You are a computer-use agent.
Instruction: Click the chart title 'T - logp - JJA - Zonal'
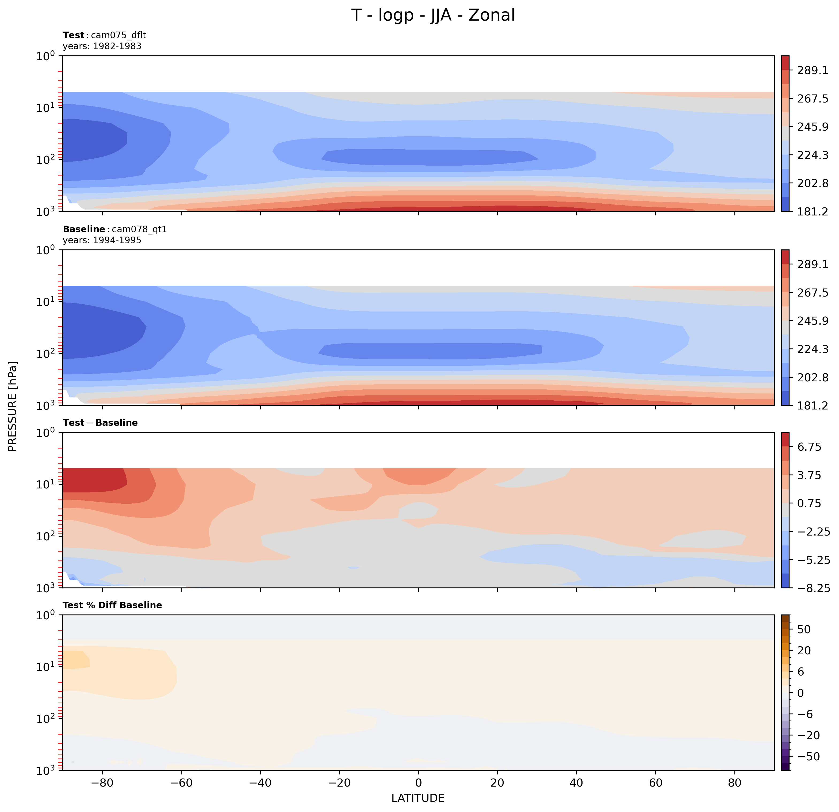433,16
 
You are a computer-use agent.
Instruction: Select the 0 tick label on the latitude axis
418,783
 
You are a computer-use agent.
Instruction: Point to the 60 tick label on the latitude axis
655,783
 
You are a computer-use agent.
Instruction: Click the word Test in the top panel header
74,35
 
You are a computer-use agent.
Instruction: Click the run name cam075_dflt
118,35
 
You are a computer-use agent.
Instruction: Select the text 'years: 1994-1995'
102,240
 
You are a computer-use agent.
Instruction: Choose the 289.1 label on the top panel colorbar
813,70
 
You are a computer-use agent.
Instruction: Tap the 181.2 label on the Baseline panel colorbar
813,405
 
